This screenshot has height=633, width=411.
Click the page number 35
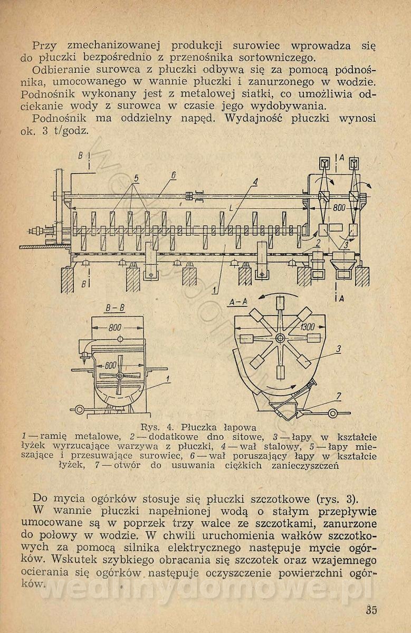pyautogui.click(x=371, y=610)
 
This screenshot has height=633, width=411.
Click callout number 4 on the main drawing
pyautogui.click(x=255, y=182)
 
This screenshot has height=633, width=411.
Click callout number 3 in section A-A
pyautogui.click(x=339, y=349)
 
